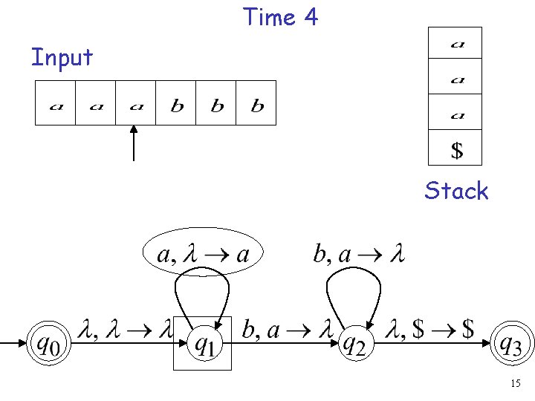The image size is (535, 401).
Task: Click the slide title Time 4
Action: (x=280, y=16)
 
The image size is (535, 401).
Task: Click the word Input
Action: (x=62, y=57)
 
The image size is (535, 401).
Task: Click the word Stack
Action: (x=456, y=191)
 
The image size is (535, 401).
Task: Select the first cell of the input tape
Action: (x=56, y=103)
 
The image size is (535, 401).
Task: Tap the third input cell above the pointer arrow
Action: (x=136, y=103)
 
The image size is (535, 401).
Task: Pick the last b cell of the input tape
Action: (x=256, y=103)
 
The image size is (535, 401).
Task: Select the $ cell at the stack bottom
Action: (x=455, y=150)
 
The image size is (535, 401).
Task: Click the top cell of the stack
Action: (x=455, y=44)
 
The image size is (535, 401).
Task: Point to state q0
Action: (x=47, y=343)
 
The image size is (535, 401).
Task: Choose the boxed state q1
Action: (x=203, y=343)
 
